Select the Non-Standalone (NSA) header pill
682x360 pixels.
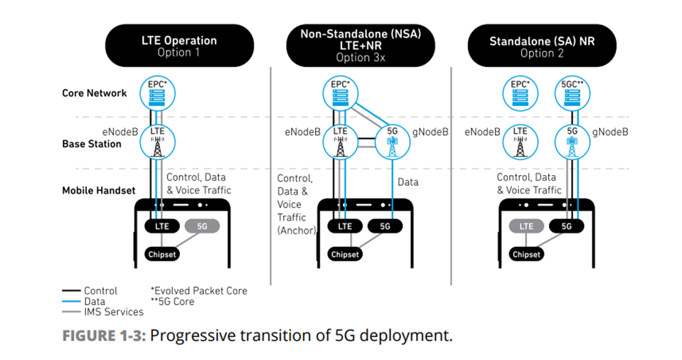click(x=361, y=46)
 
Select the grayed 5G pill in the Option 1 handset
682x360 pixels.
click(x=202, y=226)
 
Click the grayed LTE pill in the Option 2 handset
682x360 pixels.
click(x=526, y=226)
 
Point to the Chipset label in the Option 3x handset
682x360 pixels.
click(x=343, y=254)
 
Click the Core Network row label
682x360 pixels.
click(x=94, y=93)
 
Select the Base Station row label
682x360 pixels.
click(x=92, y=144)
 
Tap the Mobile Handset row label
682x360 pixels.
click(x=98, y=191)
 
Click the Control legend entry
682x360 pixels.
click(x=100, y=290)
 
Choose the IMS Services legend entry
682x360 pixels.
click(x=113, y=312)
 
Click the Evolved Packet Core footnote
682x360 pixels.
click(x=198, y=290)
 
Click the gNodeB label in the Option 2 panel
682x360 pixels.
click(x=611, y=132)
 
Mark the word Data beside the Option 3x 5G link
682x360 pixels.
click(x=408, y=182)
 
